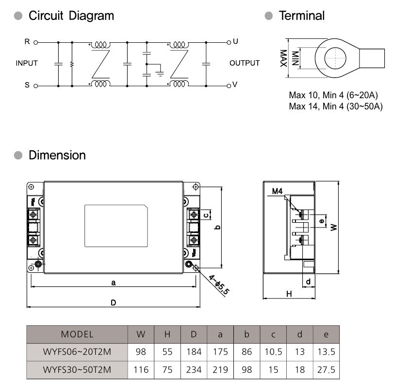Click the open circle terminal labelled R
click(36, 43)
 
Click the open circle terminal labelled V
click(229, 86)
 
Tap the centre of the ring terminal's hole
click(335, 58)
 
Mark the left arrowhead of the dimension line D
click(27, 307)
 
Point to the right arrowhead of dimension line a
click(195, 286)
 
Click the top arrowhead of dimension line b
click(221, 188)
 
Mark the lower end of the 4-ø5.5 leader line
click(225, 297)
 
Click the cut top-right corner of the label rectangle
click(146, 207)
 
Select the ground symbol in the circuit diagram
click(160, 73)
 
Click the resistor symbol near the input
click(72, 64)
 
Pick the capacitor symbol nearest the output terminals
click(206, 64)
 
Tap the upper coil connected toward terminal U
click(179, 45)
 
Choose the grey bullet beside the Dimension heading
click(18, 155)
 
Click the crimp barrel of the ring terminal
click(372, 58)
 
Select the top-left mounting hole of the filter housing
click(31, 187)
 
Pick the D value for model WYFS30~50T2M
click(194, 370)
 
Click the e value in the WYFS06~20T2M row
click(326, 352)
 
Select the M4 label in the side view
click(278, 192)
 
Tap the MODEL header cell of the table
click(77, 335)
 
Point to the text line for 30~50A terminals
click(336, 106)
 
